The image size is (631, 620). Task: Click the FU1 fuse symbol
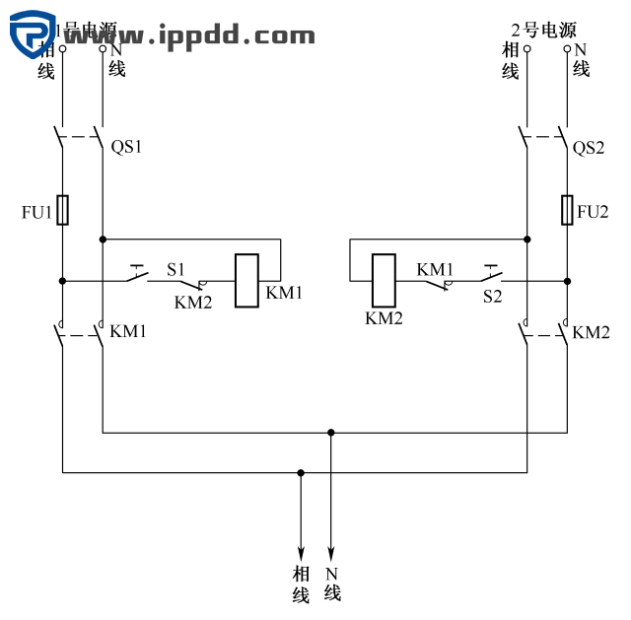click(x=63, y=210)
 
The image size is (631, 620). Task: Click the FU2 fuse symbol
click(x=567, y=210)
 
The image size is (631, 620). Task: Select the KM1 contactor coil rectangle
click(x=246, y=281)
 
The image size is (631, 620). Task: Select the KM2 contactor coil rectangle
click(x=383, y=281)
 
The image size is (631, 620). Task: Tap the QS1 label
click(x=126, y=148)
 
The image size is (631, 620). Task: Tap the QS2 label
click(x=589, y=148)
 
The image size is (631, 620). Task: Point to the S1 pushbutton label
click(x=175, y=268)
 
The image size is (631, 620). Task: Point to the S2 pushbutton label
click(x=492, y=296)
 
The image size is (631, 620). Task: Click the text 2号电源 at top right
click(x=543, y=30)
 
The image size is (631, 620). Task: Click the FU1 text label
click(x=36, y=212)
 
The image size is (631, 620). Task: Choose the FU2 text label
click(x=594, y=212)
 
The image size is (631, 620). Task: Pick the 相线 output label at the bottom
click(x=301, y=584)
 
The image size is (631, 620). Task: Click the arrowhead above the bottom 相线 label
click(x=301, y=553)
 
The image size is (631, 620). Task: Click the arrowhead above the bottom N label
click(x=331, y=553)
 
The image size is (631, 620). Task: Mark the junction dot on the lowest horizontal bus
click(x=301, y=473)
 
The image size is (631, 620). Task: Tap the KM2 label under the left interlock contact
click(x=193, y=303)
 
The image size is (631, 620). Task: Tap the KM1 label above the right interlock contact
click(x=435, y=268)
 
